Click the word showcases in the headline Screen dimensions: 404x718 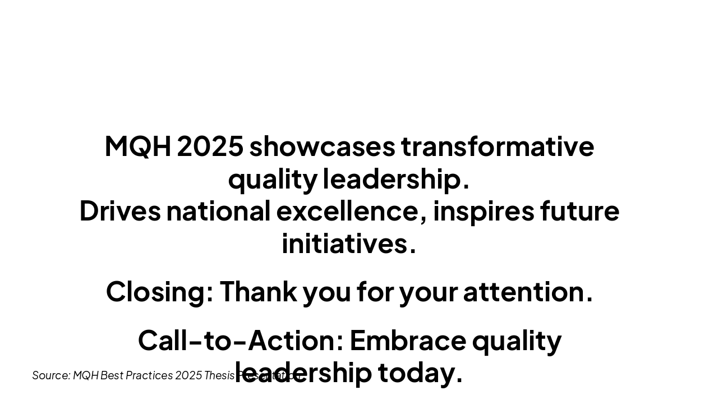[322, 146]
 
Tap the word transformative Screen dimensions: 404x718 [497, 146]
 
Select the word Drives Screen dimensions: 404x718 [119, 212]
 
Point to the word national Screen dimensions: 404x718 [218, 212]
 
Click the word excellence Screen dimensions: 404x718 [347, 212]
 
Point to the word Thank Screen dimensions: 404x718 [258, 292]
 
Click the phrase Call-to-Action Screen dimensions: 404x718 [240, 341]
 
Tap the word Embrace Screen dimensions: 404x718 [407, 341]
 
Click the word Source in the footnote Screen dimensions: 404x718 [51, 375]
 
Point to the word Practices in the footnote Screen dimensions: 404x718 [149, 375]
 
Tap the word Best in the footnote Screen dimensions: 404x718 [112, 375]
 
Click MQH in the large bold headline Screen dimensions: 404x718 [137, 146]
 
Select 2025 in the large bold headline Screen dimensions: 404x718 [210, 146]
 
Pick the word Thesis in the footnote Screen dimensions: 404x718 [219, 375]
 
